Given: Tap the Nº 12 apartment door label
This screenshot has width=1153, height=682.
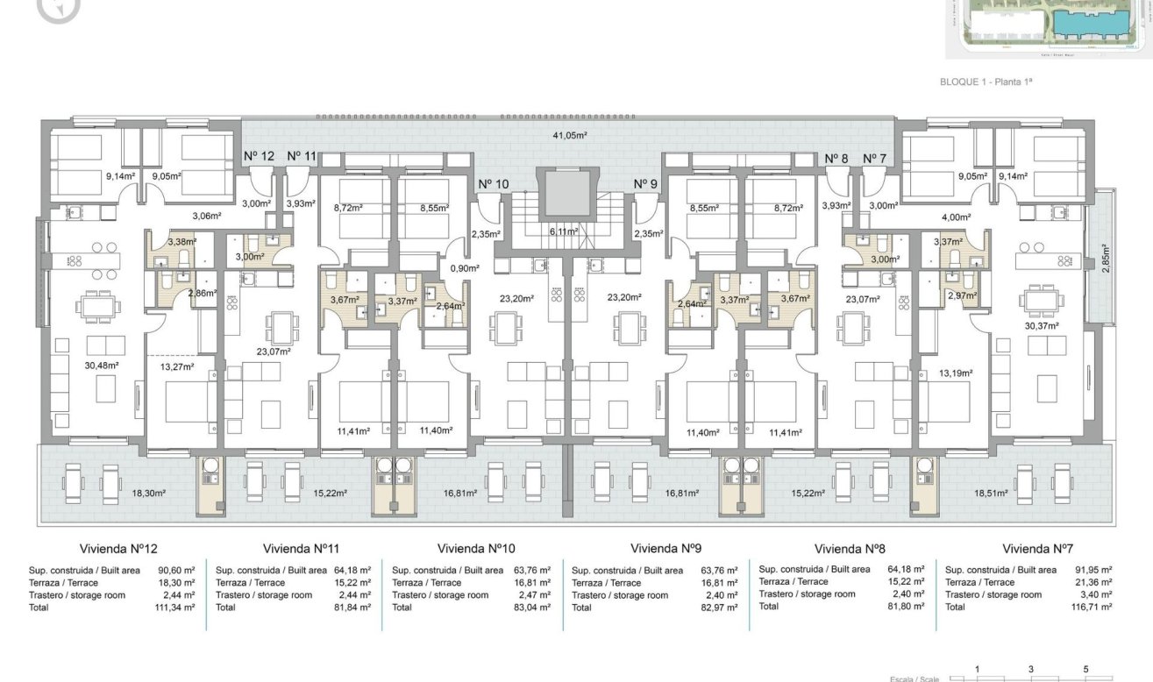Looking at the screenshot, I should pos(259,156).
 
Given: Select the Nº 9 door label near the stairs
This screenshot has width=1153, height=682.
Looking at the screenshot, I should pos(645,184).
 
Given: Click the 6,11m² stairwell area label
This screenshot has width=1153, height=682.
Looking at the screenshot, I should pos(564,231).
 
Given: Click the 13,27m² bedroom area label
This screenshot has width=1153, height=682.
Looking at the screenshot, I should pos(176,366).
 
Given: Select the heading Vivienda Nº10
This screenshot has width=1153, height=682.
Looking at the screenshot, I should pos(473,549).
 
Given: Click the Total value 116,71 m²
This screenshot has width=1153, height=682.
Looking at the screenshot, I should pos(1092,607).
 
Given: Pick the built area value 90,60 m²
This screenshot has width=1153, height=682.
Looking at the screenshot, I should pos(174,570).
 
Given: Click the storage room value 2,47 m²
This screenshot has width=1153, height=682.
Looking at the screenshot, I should pos(533,595).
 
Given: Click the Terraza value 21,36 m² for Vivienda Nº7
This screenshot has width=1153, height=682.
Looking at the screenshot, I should pos(1092,582).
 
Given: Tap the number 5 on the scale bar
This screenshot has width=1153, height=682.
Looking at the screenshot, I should pos(1085,669).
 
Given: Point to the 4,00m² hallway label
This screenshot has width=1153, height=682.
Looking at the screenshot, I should pos(956,217).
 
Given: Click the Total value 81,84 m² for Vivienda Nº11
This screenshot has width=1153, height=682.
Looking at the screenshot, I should pos(352,607).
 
